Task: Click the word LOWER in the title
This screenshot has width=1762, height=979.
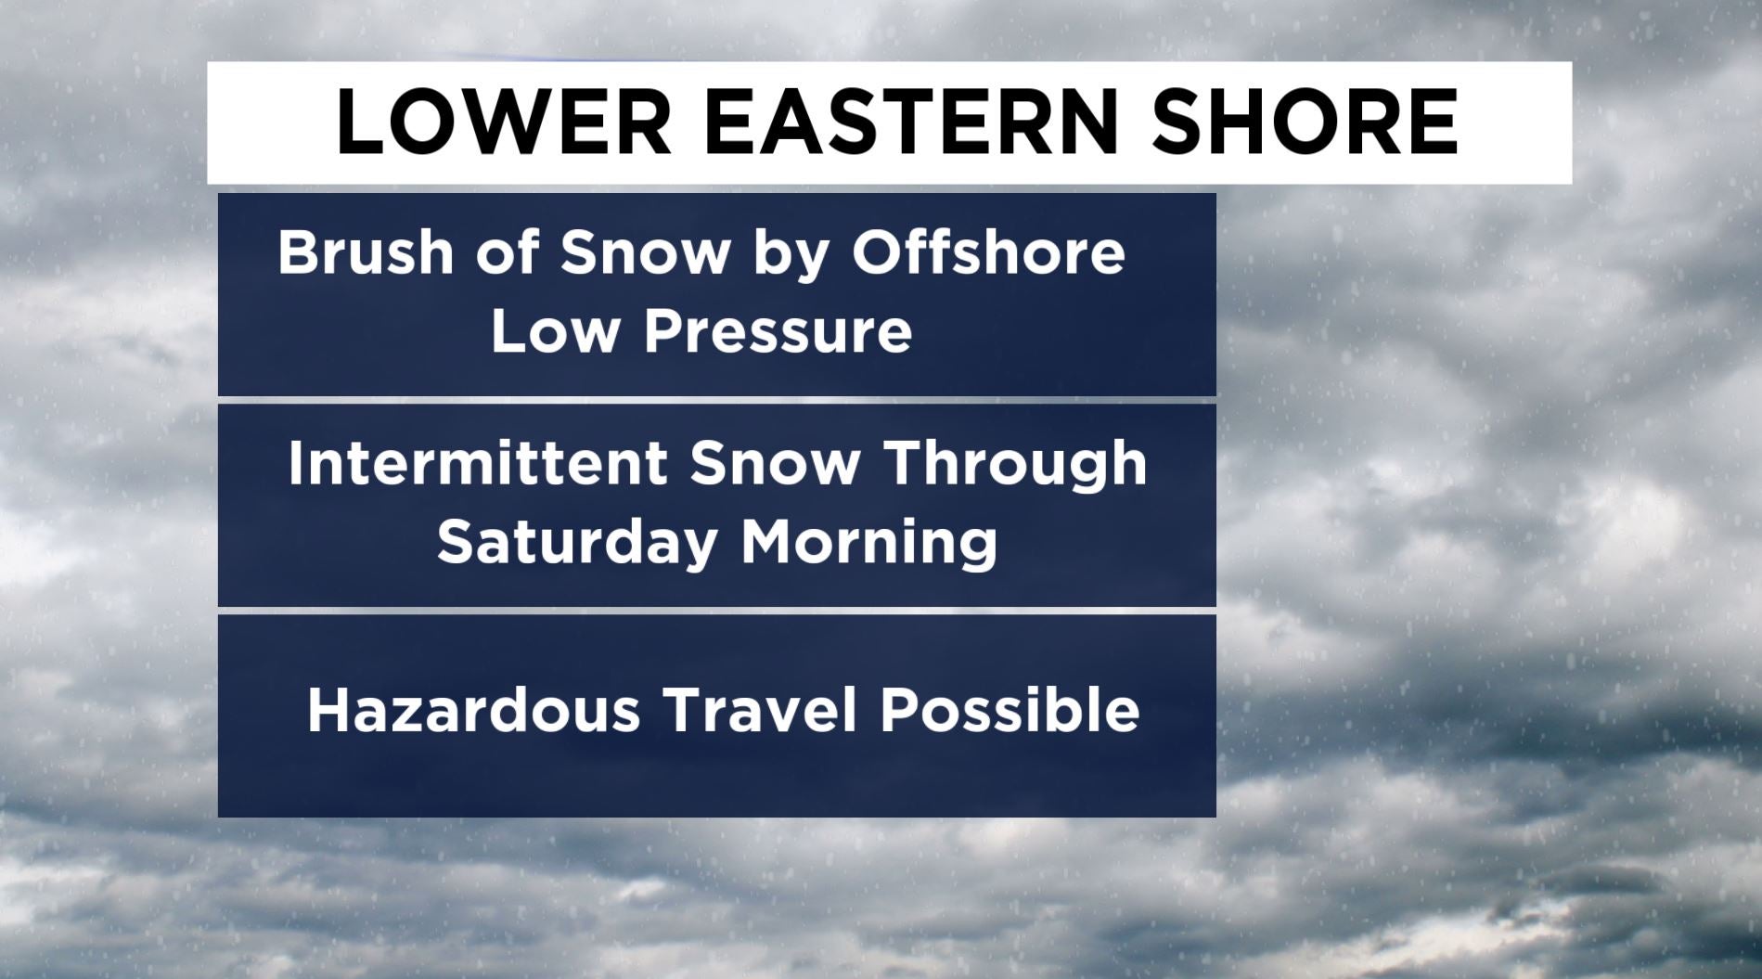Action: pyautogui.click(x=503, y=122)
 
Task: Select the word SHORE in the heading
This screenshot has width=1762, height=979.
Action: pyautogui.click(x=1305, y=122)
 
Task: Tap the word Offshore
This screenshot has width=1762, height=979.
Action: pyautogui.click(x=988, y=251)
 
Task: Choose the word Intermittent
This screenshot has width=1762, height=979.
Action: pyautogui.click(x=478, y=462)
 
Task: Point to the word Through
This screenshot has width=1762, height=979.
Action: pyautogui.click(x=1017, y=467)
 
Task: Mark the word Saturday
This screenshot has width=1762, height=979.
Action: pyautogui.click(x=576, y=545)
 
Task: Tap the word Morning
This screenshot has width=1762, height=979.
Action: pyautogui.click(x=868, y=545)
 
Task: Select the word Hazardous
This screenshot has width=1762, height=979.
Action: pyautogui.click(x=473, y=710)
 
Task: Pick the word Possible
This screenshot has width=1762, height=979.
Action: pyautogui.click(x=1010, y=710)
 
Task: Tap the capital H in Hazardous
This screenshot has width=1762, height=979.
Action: pyautogui.click(x=329, y=710)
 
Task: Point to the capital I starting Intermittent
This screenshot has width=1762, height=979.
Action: pyautogui.click(x=295, y=462)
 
